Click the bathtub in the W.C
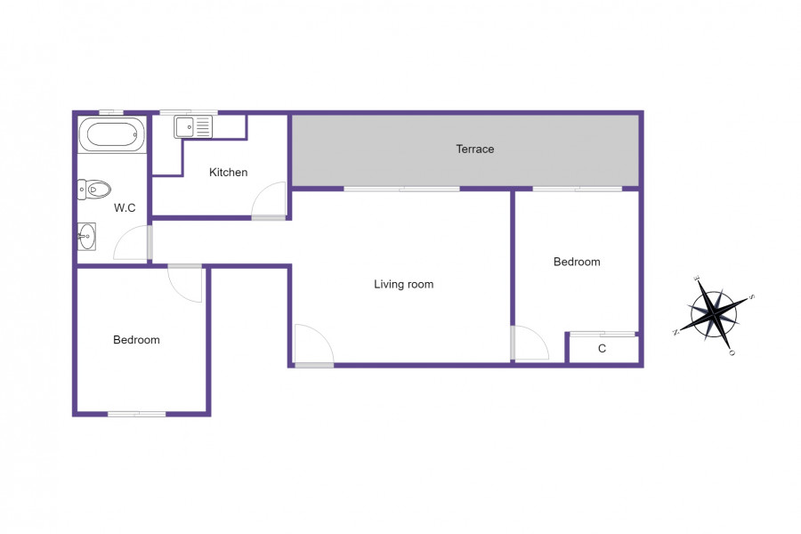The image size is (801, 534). pos(112,135)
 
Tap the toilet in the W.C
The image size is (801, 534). pos(94,190)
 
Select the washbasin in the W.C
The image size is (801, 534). pos(86,237)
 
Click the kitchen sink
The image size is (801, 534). pos(193,126)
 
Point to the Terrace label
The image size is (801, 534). pos(475,150)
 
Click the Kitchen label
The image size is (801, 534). pos(229,172)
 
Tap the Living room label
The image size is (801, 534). pos(403,284)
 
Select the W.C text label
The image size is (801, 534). pos(125,208)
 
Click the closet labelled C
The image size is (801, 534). pos(603,349)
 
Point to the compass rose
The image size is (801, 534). pos(714,314)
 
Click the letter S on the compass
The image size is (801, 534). pos(751,297)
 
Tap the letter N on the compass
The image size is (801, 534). pos(676,332)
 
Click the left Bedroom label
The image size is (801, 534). pos(136,340)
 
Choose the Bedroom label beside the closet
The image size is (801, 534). pos(577,262)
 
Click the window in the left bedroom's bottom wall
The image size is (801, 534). pos(137,414)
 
